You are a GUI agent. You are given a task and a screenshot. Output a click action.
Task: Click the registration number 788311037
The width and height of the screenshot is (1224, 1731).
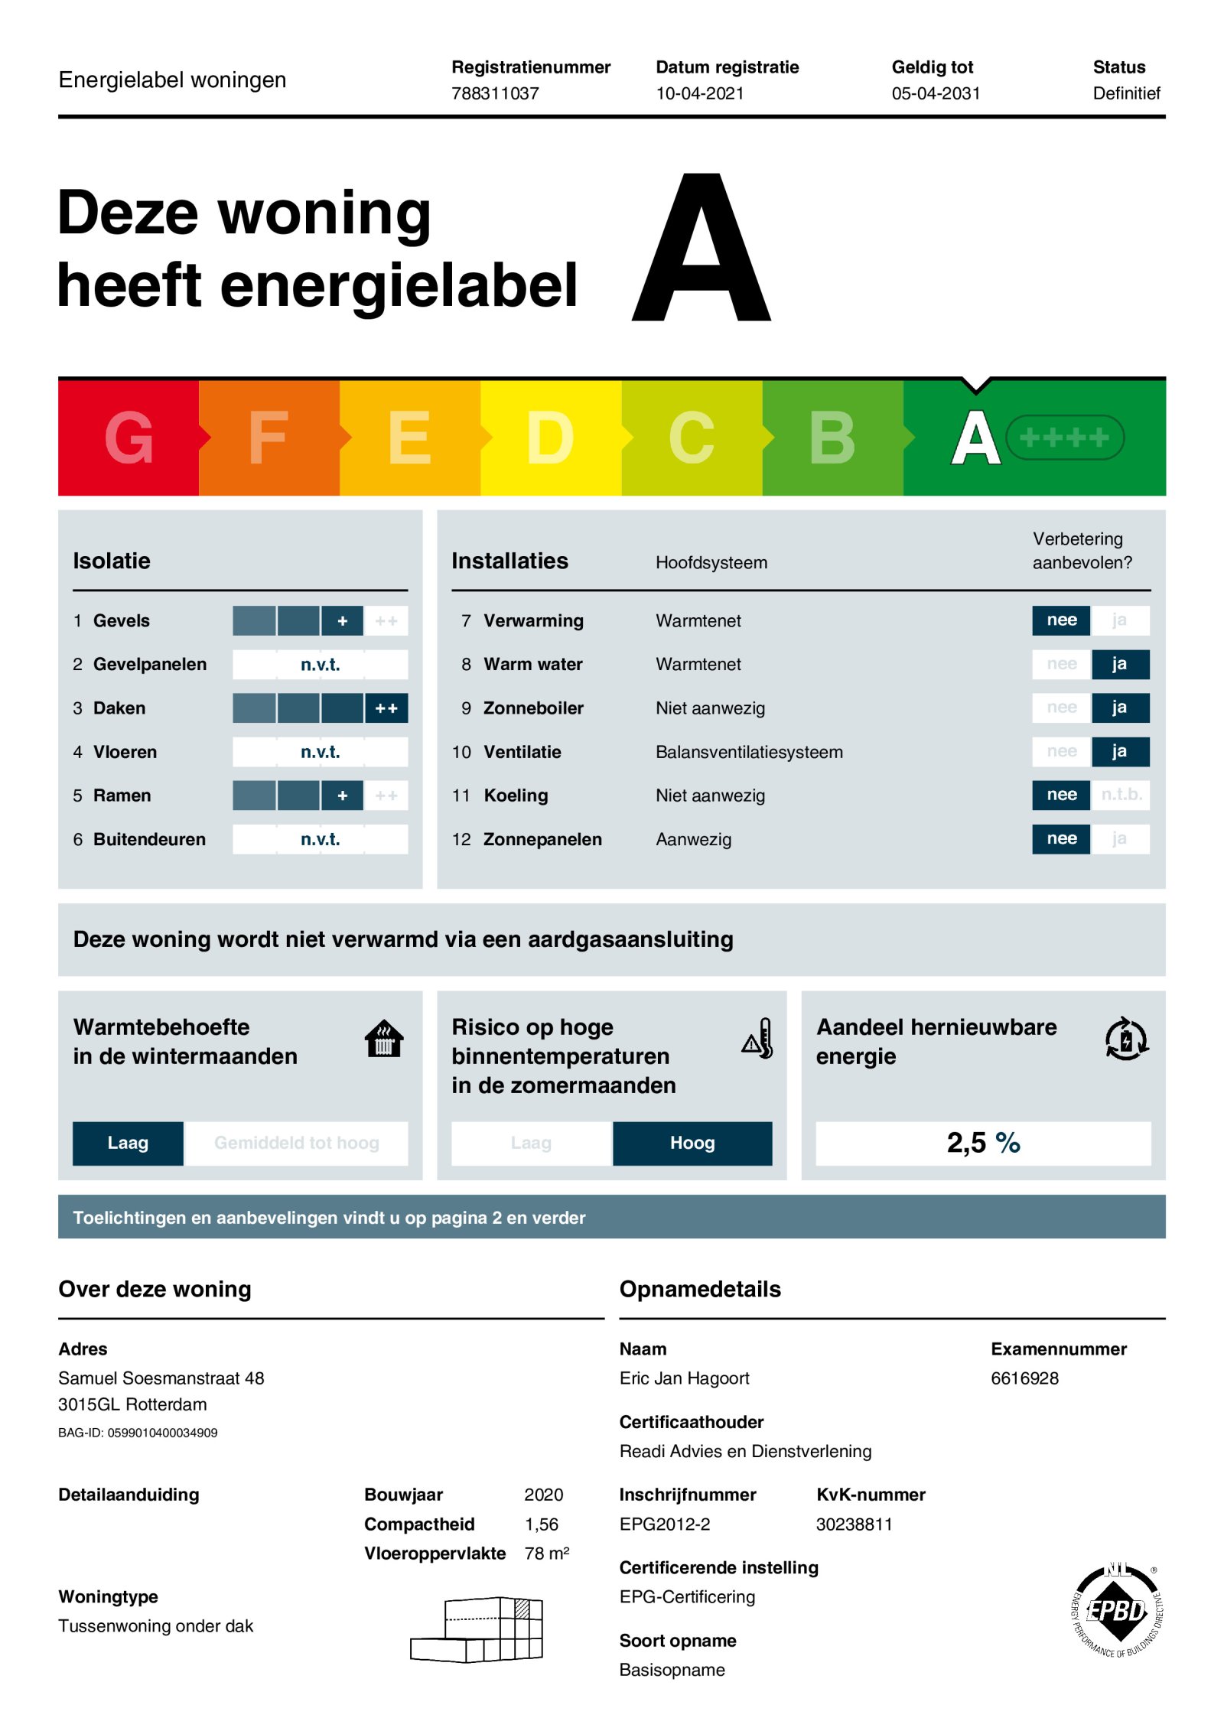click(x=495, y=93)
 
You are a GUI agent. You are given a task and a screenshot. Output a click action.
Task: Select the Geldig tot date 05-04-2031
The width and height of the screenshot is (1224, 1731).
click(x=936, y=93)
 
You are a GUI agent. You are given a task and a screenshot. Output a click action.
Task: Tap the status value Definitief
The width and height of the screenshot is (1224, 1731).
click(x=1126, y=93)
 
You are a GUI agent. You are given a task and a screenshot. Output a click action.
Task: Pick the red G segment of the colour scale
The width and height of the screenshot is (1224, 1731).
click(x=129, y=438)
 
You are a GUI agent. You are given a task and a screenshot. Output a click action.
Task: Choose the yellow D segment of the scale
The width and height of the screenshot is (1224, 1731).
click(x=550, y=438)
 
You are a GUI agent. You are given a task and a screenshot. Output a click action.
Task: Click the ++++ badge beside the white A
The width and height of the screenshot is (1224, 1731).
click(x=1064, y=438)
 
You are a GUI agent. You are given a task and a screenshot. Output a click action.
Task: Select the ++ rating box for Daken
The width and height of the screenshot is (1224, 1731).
click(x=386, y=708)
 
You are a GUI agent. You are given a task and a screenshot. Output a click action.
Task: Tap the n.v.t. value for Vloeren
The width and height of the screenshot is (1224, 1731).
click(x=320, y=752)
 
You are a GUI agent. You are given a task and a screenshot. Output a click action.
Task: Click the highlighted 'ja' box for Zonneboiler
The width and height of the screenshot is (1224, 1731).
click(x=1119, y=708)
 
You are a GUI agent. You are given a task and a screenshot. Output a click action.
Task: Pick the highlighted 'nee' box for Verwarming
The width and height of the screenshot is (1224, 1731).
click(x=1061, y=620)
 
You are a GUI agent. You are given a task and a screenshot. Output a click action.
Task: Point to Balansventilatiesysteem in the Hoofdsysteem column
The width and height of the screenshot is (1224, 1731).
click(x=749, y=752)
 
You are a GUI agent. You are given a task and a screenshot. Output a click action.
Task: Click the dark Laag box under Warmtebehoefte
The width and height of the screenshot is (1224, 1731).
click(x=128, y=1143)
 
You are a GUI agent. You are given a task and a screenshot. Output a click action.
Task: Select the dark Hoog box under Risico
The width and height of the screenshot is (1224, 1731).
click(x=692, y=1143)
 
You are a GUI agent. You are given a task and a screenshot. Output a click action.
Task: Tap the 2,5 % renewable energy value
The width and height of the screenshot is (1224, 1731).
click(x=983, y=1143)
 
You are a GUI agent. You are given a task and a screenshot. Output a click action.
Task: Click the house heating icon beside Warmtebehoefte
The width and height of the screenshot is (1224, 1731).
click(x=384, y=1039)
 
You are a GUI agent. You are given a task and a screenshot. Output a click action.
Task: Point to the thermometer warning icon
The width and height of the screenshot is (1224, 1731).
click(x=758, y=1039)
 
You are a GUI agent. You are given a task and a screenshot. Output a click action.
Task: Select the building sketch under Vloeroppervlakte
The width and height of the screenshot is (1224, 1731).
click(x=477, y=1629)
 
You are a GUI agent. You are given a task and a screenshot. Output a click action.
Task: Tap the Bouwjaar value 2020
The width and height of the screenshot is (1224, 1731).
click(x=543, y=1495)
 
